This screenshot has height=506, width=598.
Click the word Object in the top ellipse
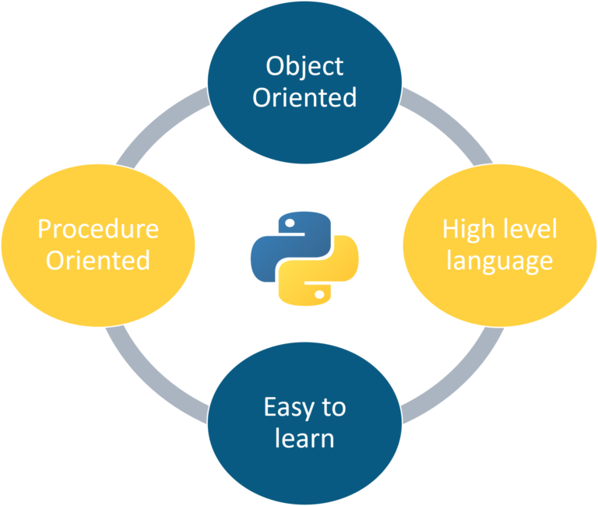304,67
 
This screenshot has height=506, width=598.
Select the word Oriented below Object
304,98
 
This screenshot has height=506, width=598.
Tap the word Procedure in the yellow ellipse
98,229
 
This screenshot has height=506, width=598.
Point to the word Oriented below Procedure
98,260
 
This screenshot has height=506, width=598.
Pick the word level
527,229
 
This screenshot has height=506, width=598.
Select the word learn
304,437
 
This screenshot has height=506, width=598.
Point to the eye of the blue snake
289,223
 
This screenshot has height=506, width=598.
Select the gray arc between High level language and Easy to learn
452,374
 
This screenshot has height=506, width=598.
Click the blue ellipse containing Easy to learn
304,467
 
